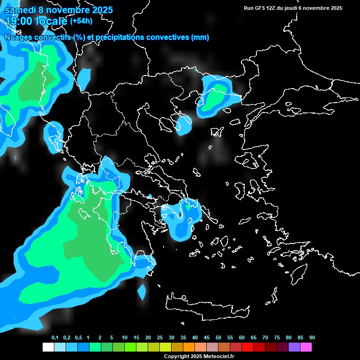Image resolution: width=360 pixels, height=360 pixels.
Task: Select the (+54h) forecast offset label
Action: [81, 21]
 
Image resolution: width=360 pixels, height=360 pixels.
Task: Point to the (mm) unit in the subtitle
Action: [200, 37]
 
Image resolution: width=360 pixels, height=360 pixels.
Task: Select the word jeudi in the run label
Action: [297, 8]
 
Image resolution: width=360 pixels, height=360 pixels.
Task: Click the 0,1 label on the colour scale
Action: [55, 338]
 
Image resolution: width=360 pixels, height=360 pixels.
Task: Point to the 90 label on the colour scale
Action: [312, 338]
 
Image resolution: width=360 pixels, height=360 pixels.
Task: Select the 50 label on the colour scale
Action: [218, 338]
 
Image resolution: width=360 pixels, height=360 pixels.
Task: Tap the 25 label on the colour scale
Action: [160, 338]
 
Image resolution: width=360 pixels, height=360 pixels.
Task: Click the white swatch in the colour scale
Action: [48, 347]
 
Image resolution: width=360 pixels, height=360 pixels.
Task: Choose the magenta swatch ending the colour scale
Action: [306, 347]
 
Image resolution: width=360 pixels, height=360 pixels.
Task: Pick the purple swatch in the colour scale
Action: [294, 347]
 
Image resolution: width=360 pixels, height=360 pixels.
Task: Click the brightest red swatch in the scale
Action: [247, 347]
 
